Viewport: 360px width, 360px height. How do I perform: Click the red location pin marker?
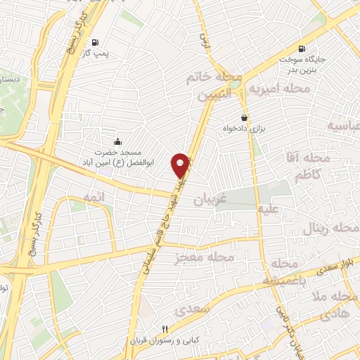coord(182,165)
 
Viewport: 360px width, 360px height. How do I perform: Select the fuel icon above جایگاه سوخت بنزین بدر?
coord(302,49)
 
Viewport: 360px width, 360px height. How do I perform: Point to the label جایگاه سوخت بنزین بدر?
coord(302,65)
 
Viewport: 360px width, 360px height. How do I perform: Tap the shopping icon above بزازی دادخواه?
coord(244,117)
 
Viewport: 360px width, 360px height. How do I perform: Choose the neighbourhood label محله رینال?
coord(329,229)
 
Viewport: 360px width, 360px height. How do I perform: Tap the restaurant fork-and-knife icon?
coord(165,329)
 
